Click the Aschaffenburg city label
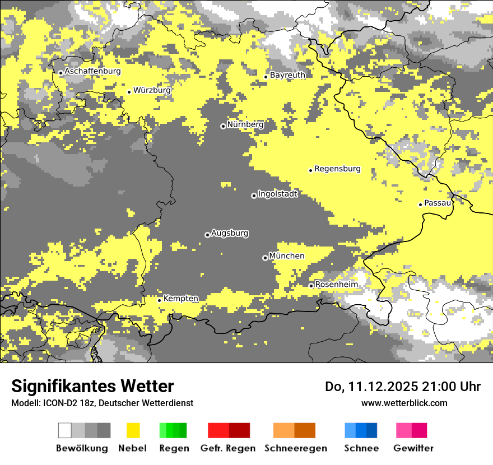92,71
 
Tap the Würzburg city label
152,90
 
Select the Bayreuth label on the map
287,75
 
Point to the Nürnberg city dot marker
223,126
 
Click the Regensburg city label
337,169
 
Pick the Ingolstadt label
277,194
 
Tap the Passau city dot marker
420,204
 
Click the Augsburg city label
230,233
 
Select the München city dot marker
265,258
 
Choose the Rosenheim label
336,285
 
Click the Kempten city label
180,299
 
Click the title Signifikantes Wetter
92,387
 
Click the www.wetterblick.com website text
404,403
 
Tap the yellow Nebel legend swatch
133,430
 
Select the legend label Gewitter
413,448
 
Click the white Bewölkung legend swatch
65,430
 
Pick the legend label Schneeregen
295,448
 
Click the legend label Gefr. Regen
228,448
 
